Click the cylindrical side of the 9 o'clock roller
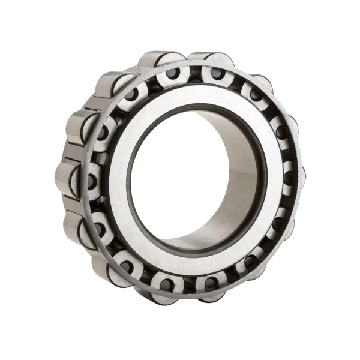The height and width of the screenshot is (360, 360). pos(67,178)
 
